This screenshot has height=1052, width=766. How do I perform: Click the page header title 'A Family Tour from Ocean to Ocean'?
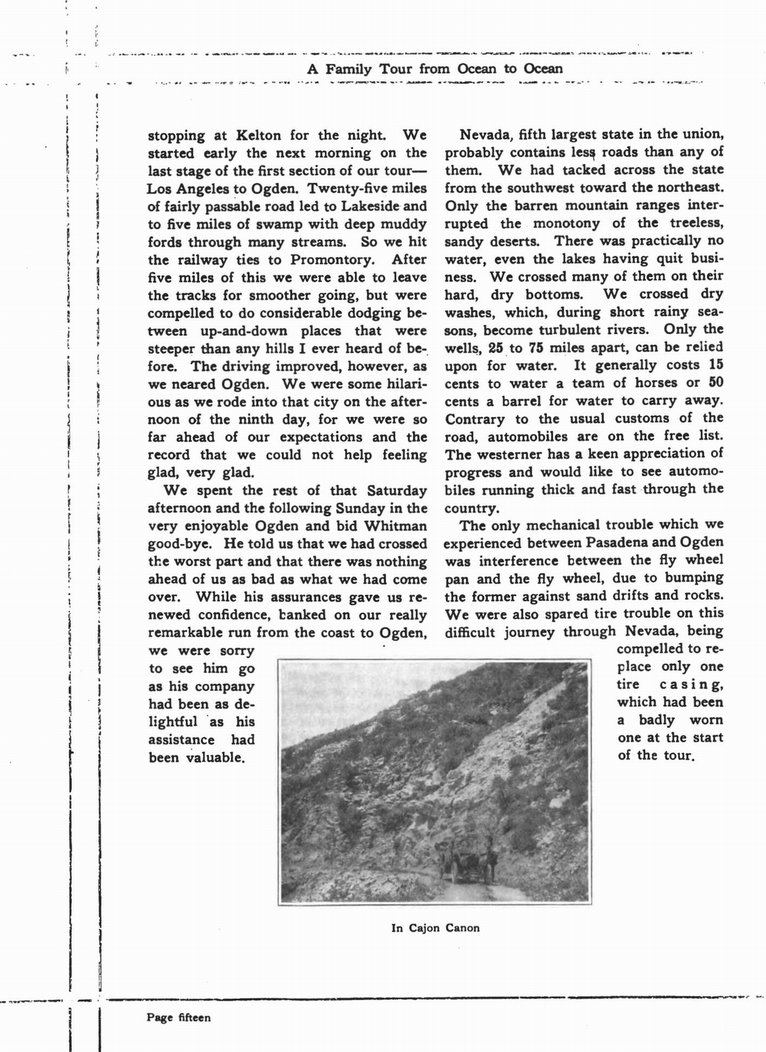(x=435, y=69)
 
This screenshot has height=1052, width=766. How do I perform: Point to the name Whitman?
(x=395, y=526)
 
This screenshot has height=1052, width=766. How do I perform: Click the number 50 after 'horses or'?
(x=716, y=383)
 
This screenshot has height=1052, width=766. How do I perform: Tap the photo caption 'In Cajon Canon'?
(x=435, y=928)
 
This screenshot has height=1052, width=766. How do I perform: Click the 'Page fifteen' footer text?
(x=179, y=1018)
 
